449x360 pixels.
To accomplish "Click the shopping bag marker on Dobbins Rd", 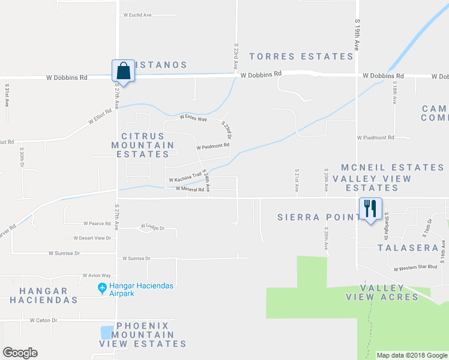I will (123, 71).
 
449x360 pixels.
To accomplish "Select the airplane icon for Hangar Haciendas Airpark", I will (103, 289).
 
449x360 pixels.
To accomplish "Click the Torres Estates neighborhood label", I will (301, 56).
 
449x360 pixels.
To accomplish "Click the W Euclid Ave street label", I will (137, 15).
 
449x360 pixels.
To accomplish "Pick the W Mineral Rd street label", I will (190, 189).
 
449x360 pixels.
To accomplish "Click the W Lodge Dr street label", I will (152, 227).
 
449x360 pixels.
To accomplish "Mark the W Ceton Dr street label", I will (43, 320).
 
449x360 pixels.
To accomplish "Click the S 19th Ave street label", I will (357, 37).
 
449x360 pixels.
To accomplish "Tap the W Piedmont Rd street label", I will (375, 137).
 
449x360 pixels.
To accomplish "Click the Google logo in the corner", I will (20, 353).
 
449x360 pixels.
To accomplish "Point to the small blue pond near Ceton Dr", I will (107, 332).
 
